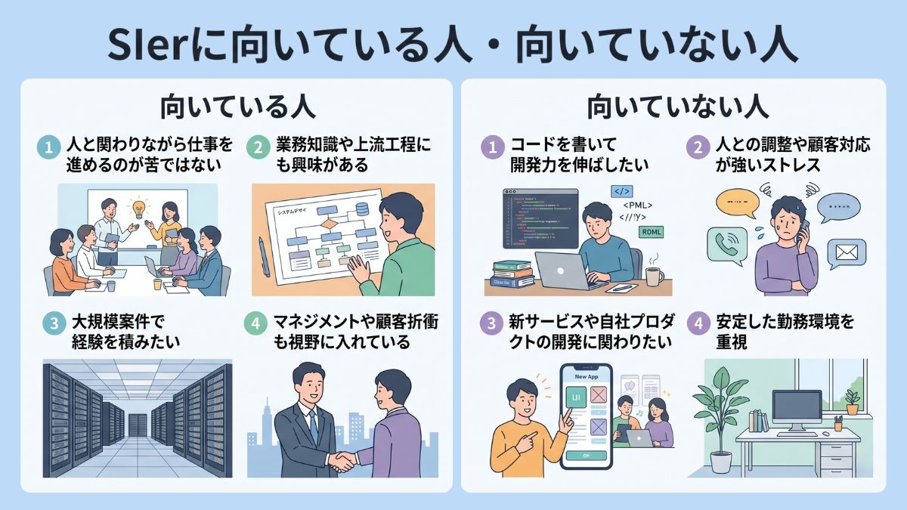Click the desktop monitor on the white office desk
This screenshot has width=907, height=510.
[796, 410]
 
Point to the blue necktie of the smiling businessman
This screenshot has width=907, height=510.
[312, 426]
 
